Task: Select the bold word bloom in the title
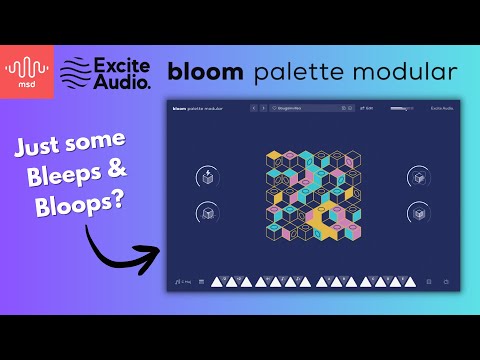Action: tap(204, 72)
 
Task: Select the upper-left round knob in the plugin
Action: tap(207, 177)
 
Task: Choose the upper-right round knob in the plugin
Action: tap(418, 177)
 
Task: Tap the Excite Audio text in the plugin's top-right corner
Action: tap(440, 107)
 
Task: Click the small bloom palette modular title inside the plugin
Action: tap(197, 107)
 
